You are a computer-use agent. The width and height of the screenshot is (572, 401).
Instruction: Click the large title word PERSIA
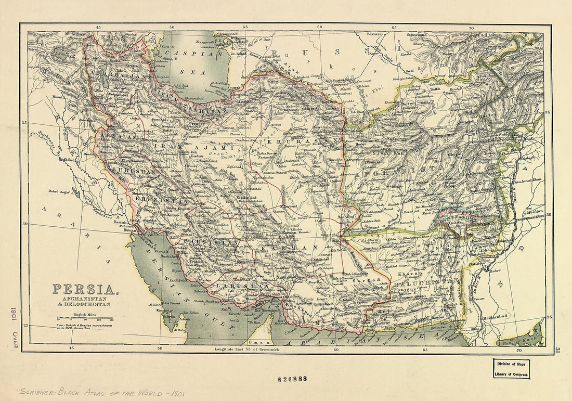(84, 290)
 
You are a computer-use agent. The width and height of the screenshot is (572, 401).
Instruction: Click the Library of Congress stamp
(512, 368)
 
